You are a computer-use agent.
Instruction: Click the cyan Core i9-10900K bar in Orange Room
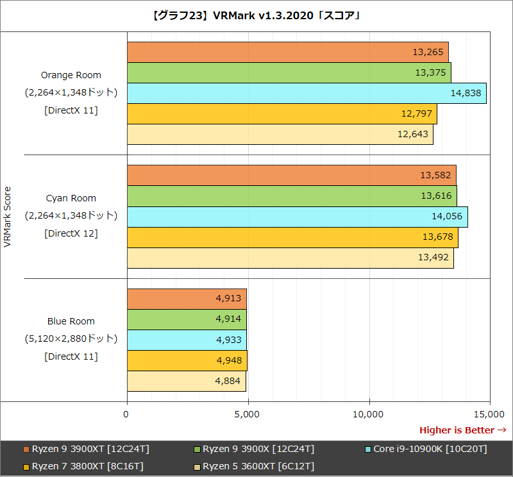(x=307, y=94)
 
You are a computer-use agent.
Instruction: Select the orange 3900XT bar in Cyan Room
(x=292, y=175)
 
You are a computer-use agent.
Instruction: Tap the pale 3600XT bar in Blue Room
(x=187, y=381)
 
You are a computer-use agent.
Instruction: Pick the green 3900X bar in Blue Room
(x=187, y=319)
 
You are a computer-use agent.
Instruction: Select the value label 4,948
(x=229, y=361)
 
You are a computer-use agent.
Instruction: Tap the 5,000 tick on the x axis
(x=248, y=415)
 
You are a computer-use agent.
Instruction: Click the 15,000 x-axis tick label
(x=489, y=415)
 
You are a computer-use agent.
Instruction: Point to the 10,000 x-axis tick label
(x=369, y=415)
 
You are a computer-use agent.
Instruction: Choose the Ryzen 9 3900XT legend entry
(x=90, y=449)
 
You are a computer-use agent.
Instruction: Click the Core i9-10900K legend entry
(x=426, y=449)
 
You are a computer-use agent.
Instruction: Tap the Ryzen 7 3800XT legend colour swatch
(x=26, y=466)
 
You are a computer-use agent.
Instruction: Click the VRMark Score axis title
(x=8, y=217)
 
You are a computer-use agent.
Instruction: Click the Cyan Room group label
(x=71, y=198)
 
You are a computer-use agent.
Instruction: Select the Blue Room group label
(x=71, y=321)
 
